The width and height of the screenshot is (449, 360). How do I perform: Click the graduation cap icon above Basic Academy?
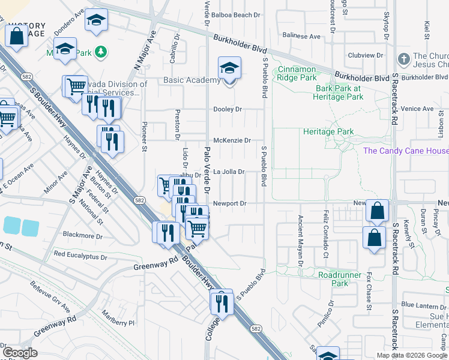click(x=229, y=68)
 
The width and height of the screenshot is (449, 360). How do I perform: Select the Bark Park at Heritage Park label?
click(x=339, y=92)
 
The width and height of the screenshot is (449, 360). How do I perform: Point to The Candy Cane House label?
click(x=406, y=151)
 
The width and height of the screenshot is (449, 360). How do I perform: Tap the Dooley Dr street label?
click(x=228, y=109)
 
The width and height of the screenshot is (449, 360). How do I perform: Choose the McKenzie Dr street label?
click(x=232, y=140)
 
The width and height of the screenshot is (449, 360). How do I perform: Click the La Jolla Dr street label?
click(x=229, y=172)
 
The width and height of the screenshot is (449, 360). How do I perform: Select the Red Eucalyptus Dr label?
click(x=80, y=255)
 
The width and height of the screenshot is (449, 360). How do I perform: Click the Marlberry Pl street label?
click(x=118, y=323)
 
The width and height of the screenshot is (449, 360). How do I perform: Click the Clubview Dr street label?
click(x=366, y=55)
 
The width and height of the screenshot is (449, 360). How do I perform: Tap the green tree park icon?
click(x=101, y=52)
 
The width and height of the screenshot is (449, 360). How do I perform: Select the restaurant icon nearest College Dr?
click(x=221, y=304)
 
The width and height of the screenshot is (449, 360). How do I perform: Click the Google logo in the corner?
click(x=19, y=352)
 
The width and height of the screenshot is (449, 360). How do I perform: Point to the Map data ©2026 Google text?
click(x=412, y=355)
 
